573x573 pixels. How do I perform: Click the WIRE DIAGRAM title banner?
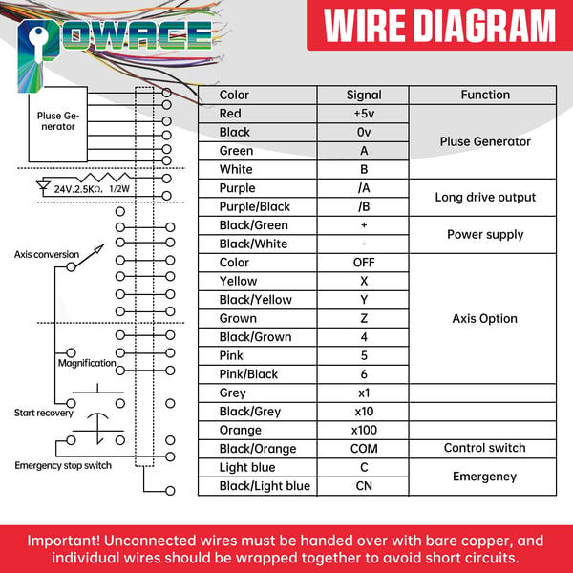click(439, 25)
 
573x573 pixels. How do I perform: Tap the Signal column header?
click(363, 95)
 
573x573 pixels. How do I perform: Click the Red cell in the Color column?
click(258, 114)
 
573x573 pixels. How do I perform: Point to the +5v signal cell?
click(363, 114)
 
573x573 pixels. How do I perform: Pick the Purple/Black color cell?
click(258, 207)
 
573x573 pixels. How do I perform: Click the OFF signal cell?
click(363, 263)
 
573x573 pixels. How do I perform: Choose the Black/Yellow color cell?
click(258, 300)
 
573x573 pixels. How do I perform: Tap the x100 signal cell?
click(363, 430)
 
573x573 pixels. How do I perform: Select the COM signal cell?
click(363, 449)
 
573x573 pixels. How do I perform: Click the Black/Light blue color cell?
click(258, 486)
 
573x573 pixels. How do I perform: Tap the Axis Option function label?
click(484, 319)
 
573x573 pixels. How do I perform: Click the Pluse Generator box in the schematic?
click(58, 124)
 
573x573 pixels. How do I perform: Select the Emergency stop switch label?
click(63, 466)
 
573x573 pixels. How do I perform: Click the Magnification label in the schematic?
click(87, 363)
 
